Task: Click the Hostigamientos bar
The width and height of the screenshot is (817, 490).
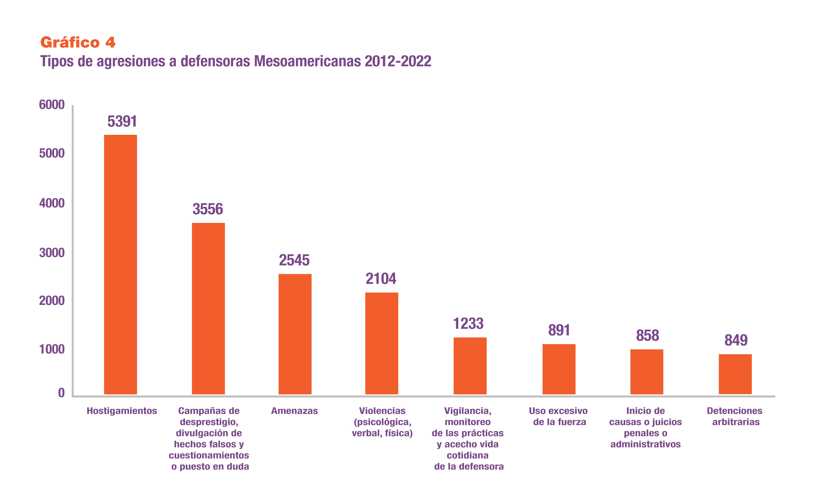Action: (x=121, y=264)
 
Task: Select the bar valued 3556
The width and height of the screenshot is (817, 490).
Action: (x=208, y=308)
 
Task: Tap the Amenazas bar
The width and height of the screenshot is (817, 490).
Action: (x=295, y=334)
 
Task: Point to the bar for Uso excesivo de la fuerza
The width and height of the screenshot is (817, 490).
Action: (x=559, y=369)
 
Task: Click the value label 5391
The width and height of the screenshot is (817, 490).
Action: (x=122, y=121)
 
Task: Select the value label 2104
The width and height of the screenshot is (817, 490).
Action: (x=381, y=279)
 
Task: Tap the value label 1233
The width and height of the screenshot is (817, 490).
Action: (x=468, y=324)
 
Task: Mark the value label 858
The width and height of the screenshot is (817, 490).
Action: (x=647, y=335)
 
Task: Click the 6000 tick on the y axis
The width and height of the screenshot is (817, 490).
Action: (x=52, y=105)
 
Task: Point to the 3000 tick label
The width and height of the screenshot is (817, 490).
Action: (x=52, y=253)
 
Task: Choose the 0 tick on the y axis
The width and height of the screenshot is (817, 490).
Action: (x=61, y=393)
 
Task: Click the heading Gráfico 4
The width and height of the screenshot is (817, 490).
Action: (x=78, y=42)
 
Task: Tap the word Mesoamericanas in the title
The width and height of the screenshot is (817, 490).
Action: (x=307, y=61)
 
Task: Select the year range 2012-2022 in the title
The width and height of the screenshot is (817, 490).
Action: (x=398, y=61)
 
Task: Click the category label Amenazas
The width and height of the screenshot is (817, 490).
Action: (x=294, y=411)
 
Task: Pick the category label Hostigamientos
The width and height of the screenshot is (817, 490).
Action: (x=122, y=411)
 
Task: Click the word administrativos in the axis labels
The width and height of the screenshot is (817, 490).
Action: (x=645, y=444)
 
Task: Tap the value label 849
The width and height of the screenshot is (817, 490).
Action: (x=736, y=340)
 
